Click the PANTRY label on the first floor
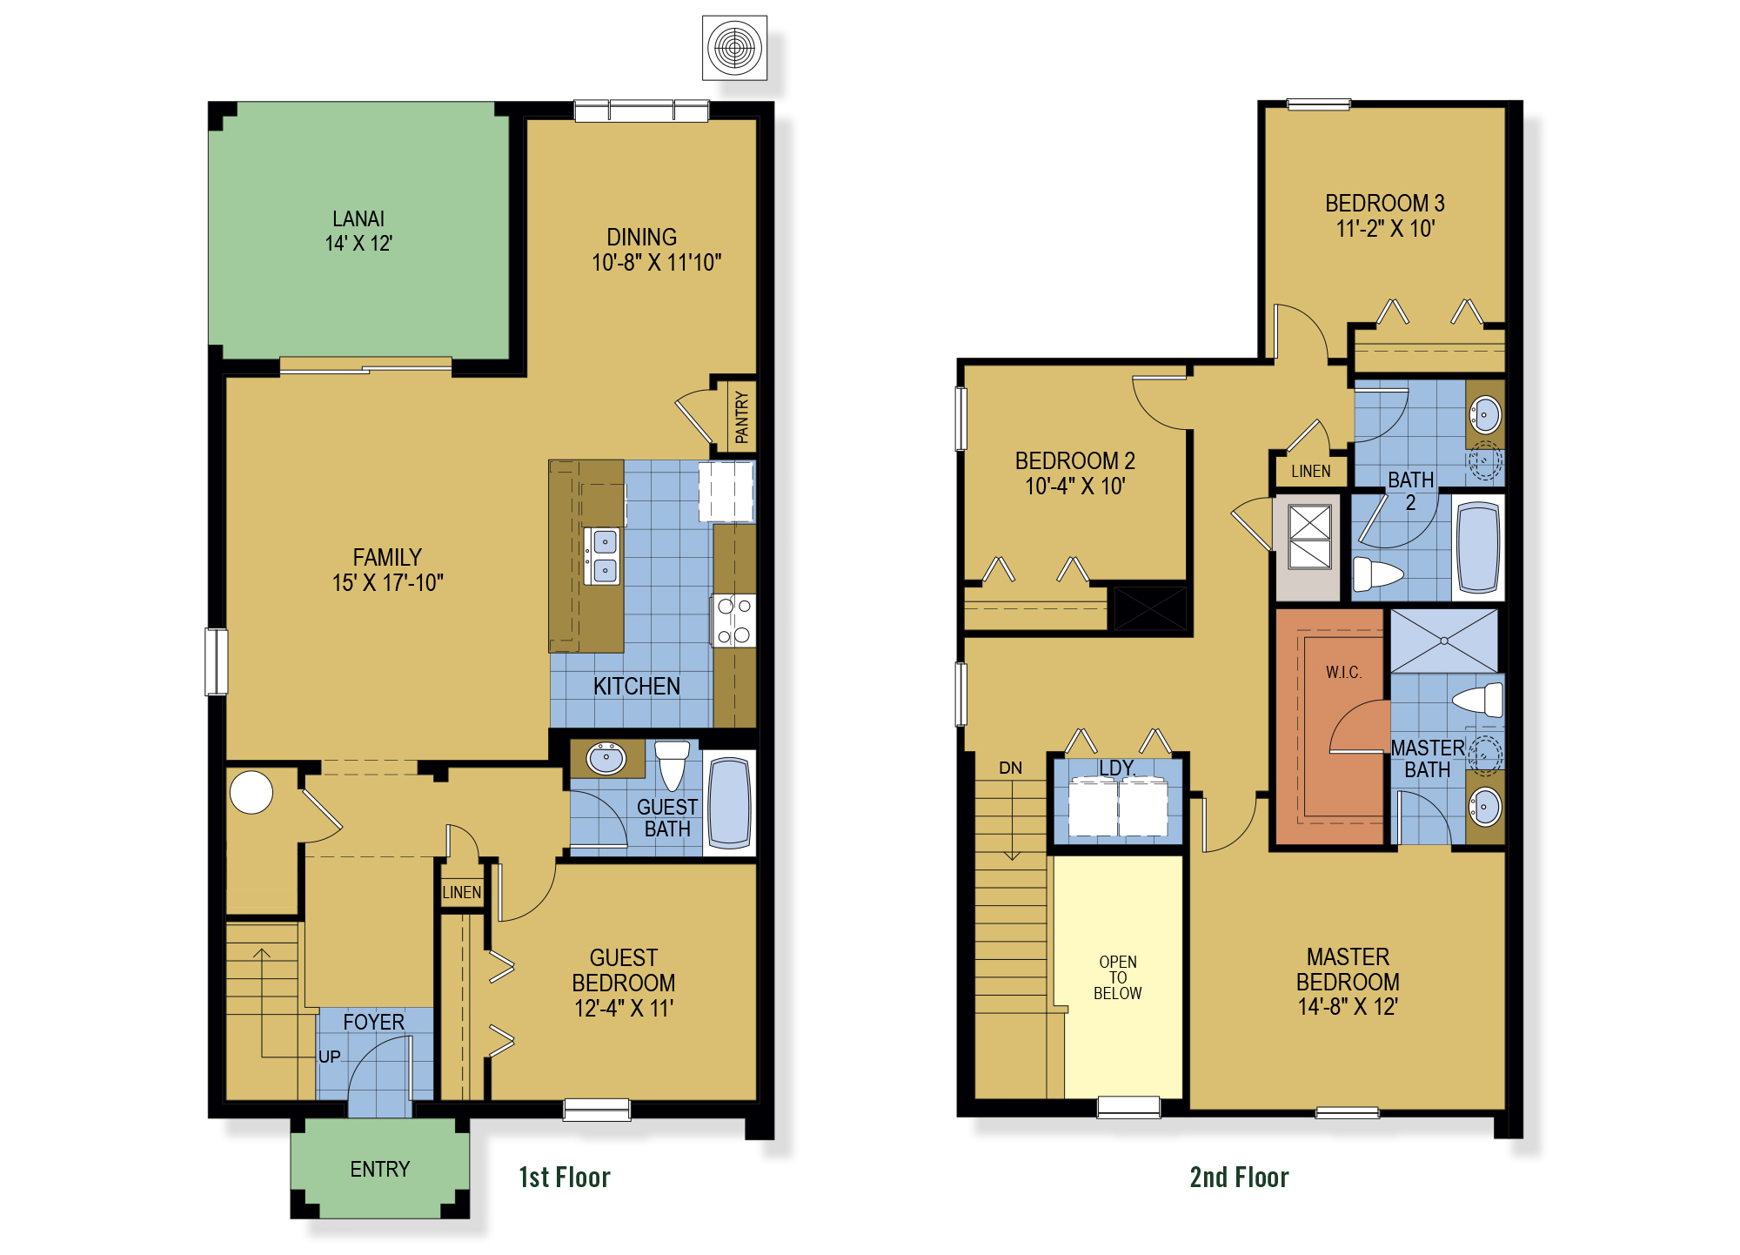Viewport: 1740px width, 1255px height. pyautogui.click(x=741, y=418)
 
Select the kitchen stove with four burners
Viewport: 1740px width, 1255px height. pyautogui.click(x=734, y=621)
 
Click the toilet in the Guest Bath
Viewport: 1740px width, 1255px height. pyautogui.click(x=672, y=763)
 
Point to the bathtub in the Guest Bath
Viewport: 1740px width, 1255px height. pyautogui.click(x=729, y=802)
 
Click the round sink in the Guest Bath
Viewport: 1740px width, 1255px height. pyautogui.click(x=606, y=758)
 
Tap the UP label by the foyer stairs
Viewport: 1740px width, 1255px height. pyautogui.click(x=329, y=1057)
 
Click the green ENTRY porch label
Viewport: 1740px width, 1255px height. pyautogui.click(x=379, y=1169)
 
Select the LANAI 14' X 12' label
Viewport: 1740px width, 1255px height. pyautogui.click(x=358, y=231)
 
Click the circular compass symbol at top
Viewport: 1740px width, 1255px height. pyautogui.click(x=735, y=47)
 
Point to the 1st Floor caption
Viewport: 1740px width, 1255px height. pyautogui.click(x=565, y=1178)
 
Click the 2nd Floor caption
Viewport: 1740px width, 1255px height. pyautogui.click(x=1239, y=1178)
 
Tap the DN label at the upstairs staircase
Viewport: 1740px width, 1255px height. pyautogui.click(x=1010, y=768)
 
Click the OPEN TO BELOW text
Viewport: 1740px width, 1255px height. pyautogui.click(x=1118, y=977)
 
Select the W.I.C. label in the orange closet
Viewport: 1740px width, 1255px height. pyautogui.click(x=1343, y=672)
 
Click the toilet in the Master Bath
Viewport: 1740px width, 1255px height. pyautogui.click(x=1479, y=700)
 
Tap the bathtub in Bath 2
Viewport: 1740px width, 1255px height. pyautogui.click(x=1478, y=548)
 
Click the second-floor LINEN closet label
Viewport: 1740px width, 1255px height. pyautogui.click(x=1310, y=471)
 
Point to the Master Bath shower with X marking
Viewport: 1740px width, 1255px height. pyautogui.click(x=1444, y=641)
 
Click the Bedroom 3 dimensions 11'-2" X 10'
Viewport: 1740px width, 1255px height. pyautogui.click(x=1385, y=229)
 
